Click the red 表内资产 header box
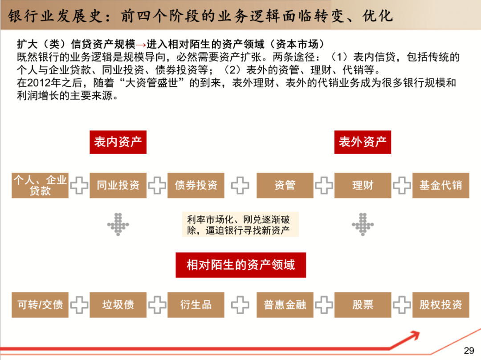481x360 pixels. coord(118,142)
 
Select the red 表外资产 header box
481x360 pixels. coord(363,142)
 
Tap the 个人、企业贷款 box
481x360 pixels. coord(40,185)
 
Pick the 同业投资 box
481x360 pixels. coord(118,185)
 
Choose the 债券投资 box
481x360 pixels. coord(196,185)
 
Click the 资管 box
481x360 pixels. coord(285,185)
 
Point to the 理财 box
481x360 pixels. coord(363,185)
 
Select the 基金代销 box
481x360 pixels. coord(440,185)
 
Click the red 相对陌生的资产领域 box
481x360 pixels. coord(240,265)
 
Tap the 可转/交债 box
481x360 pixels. coord(40,305)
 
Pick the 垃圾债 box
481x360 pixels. coord(118,305)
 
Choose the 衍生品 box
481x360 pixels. coord(196,305)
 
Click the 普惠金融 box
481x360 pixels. coord(285,305)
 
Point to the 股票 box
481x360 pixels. coord(363,305)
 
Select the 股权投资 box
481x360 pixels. coord(440,305)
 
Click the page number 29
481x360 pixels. coord(469,350)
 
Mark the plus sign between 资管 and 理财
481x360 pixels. coord(324,186)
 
